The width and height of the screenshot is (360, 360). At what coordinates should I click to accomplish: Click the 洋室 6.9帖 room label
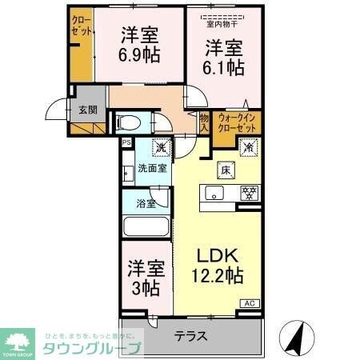coord(139,46)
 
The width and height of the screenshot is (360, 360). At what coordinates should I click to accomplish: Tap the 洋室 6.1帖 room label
coord(223,57)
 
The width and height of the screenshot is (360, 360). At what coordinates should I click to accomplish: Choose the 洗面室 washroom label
coord(151,169)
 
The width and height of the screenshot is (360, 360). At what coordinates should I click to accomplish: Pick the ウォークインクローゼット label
coord(238,122)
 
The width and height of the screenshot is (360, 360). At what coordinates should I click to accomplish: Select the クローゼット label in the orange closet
coord(82,26)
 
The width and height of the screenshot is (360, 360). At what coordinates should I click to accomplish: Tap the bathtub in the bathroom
coord(146,226)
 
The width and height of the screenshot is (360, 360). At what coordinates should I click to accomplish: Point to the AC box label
coord(249,303)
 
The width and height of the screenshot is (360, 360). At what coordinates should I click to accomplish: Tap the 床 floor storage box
coord(226,169)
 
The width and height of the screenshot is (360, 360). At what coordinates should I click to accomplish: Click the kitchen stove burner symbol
coord(249,193)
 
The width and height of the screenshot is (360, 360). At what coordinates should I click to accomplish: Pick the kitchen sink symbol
coord(214,193)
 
